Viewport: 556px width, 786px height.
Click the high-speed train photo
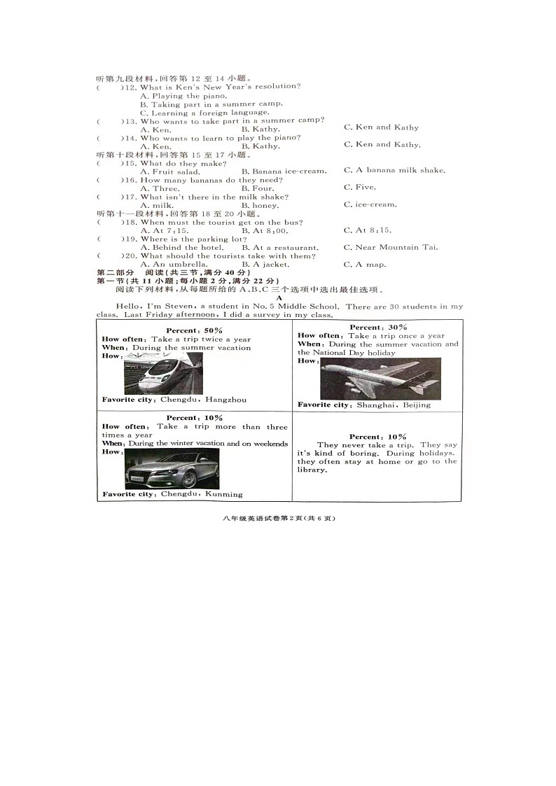click(x=163, y=374)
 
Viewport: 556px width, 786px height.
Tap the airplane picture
click(x=380, y=379)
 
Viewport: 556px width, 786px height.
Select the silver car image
click(x=172, y=469)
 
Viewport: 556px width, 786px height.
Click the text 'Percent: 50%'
click(x=194, y=330)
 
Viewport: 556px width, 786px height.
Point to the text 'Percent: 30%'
click(x=378, y=328)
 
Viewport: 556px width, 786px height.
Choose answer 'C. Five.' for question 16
click(x=360, y=188)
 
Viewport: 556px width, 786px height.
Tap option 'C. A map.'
click(x=365, y=265)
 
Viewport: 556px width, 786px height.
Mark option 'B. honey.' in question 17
click(x=260, y=206)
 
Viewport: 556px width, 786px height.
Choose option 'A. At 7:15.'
click(x=164, y=231)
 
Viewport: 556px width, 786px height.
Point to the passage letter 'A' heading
click(x=279, y=297)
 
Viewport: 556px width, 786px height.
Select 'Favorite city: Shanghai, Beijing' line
click(x=364, y=405)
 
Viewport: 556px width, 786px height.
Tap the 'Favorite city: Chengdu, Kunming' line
click(x=172, y=494)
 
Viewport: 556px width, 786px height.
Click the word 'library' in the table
click(x=312, y=470)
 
